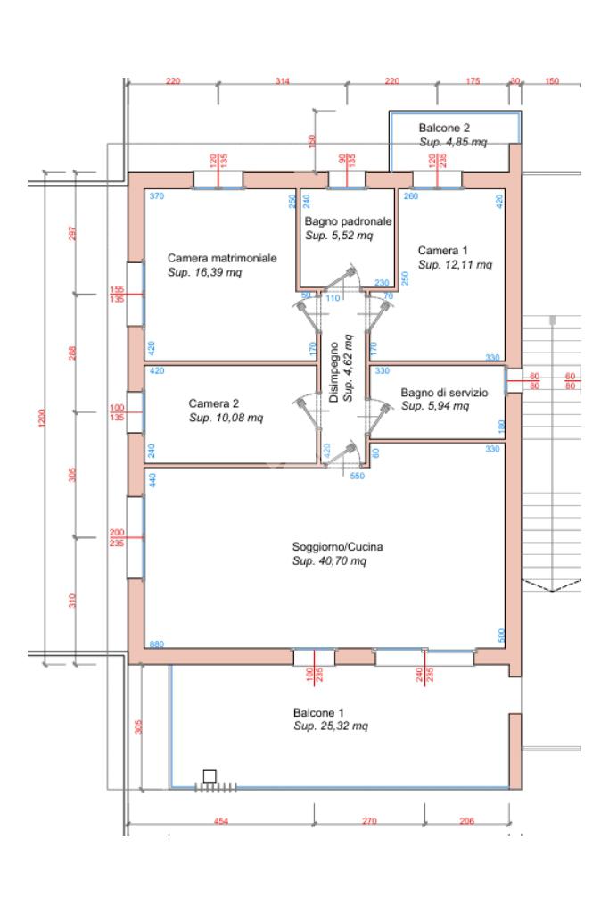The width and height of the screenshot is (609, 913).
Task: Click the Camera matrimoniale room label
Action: click(x=222, y=258)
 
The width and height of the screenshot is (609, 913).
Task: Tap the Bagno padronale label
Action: click(x=348, y=220)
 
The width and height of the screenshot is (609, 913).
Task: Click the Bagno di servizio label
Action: click(x=444, y=392)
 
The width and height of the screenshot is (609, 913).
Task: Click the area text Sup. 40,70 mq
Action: click(x=330, y=561)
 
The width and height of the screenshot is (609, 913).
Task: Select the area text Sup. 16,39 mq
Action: click(x=205, y=272)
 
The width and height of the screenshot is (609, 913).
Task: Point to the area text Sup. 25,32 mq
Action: click(x=331, y=726)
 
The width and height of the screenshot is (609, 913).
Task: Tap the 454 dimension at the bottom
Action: click(x=221, y=821)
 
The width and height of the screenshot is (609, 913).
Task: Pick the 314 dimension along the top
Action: click(x=283, y=81)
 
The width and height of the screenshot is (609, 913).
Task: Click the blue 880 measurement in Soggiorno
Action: click(x=156, y=644)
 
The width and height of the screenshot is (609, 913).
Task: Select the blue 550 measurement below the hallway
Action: click(x=358, y=476)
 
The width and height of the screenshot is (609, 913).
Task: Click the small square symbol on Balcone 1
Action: click(x=210, y=776)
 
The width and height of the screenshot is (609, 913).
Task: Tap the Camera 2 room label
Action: click(x=213, y=403)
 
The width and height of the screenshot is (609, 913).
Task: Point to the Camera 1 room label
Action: click(x=442, y=251)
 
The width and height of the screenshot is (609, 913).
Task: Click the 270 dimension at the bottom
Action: click(x=369, y=821)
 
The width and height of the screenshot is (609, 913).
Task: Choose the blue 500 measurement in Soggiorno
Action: click(x=501, y=635)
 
